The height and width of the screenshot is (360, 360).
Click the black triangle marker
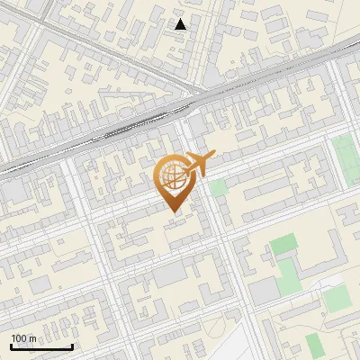tap(181, 24)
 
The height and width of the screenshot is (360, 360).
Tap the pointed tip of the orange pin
tap(173, 211)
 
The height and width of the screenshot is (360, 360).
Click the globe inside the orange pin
tap(172, 174)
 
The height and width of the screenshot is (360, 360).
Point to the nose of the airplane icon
tap(214, 157)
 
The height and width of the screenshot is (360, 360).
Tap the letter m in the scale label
tap(32, 338)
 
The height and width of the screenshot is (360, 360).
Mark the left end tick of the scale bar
tap(11, 346)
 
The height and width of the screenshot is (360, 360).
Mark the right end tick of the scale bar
tap(73, 346)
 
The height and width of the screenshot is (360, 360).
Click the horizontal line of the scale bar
tap(41, 347)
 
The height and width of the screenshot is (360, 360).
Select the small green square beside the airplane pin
tap(219, 187)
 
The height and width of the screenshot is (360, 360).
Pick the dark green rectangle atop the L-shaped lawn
tap(283, 243)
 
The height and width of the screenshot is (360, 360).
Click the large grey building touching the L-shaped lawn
tap(265, 290)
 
